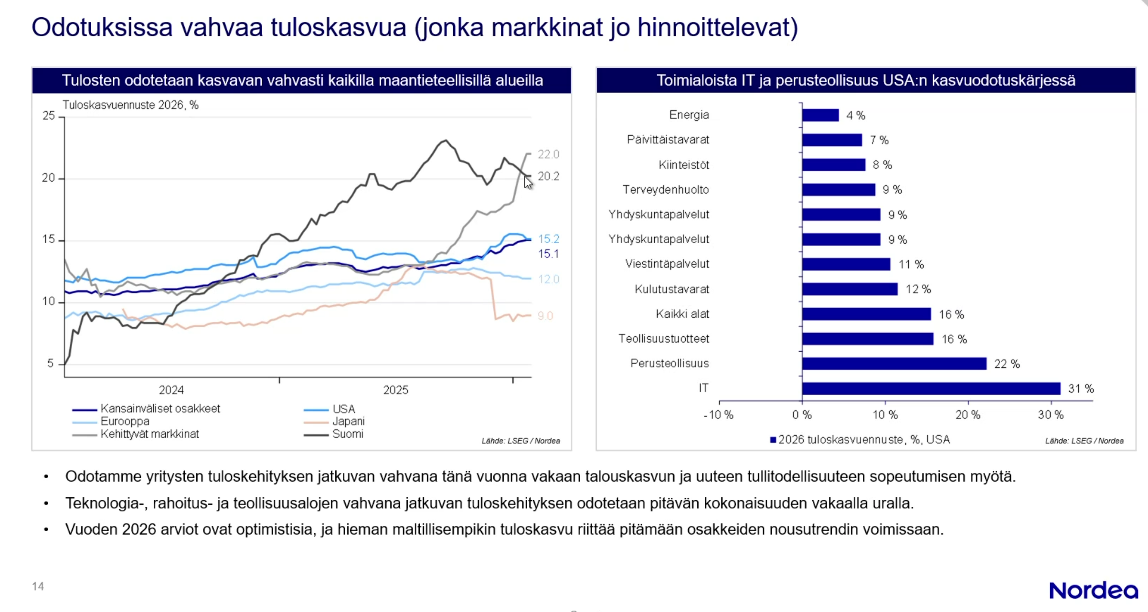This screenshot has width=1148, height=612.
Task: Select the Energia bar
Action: pyautogui.click(x=820, y=115)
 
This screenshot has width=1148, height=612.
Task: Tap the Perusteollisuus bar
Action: pyautogui.click(x=893, y=364)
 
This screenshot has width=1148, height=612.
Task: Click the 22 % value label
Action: pyautogui.click(x=1007, y=364)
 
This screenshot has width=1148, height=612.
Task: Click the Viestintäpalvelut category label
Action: pyautogui.click(x=667, y=264)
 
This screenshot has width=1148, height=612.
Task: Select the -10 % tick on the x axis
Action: pyautogui.click(x=718, y=415)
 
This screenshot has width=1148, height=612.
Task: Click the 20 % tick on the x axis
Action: pyautogui.click(x=967, y=415)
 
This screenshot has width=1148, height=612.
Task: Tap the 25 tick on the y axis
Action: pyautogui.click(x=49, y=116)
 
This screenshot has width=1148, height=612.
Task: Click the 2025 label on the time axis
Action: pyautogui.click(x=395, y=390)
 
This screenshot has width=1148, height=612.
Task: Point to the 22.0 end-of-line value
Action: pyautogui.click(x=548, y=154)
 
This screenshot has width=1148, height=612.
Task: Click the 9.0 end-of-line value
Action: pyautogui.click(x=545, y=316)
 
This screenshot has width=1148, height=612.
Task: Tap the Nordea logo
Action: pyautogui.click(x=1093, y=591)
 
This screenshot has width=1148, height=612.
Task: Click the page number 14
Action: pyautogui.click(x=38, y=586)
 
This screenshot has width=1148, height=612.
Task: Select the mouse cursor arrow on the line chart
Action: pyautogui.click(x=528, y=183)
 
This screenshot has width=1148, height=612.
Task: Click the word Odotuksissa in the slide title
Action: pyautogui.click(x=102, y=27)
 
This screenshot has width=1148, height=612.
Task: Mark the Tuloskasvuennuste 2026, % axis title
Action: pyautogui.click(x=130, y=105)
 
